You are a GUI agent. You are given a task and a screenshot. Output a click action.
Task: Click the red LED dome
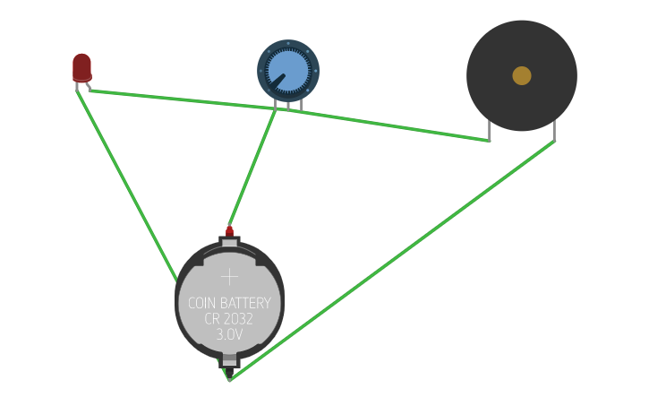[82, 67]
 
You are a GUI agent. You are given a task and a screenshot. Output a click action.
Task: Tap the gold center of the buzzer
[522, 76]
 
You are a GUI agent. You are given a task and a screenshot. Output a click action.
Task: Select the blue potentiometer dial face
[288, 71]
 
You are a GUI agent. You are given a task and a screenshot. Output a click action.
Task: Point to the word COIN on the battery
[201, 303]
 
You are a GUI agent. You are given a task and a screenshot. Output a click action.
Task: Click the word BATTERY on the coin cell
[245, 303]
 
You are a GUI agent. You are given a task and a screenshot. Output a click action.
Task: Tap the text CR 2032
[228, 319]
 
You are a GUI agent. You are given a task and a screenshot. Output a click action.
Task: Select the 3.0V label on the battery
[229, 334]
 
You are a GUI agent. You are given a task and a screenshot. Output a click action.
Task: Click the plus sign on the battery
[230, 277]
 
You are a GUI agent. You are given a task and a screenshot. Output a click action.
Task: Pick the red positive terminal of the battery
[230, 231]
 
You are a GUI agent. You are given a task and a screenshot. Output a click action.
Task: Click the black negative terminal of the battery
[229, 372]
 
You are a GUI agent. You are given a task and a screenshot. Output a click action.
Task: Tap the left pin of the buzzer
[490, 131]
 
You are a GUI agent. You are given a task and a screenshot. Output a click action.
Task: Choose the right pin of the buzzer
[554, 131]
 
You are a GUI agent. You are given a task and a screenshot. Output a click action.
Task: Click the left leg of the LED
[77, 87]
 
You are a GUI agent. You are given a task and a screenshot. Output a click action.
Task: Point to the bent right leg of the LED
[89, 87]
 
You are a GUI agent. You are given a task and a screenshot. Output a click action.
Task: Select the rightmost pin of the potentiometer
[301, 105]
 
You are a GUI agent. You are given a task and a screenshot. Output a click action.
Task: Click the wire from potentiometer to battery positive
[252, 168]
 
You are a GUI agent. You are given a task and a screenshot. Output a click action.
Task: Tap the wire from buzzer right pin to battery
[391, 261]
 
